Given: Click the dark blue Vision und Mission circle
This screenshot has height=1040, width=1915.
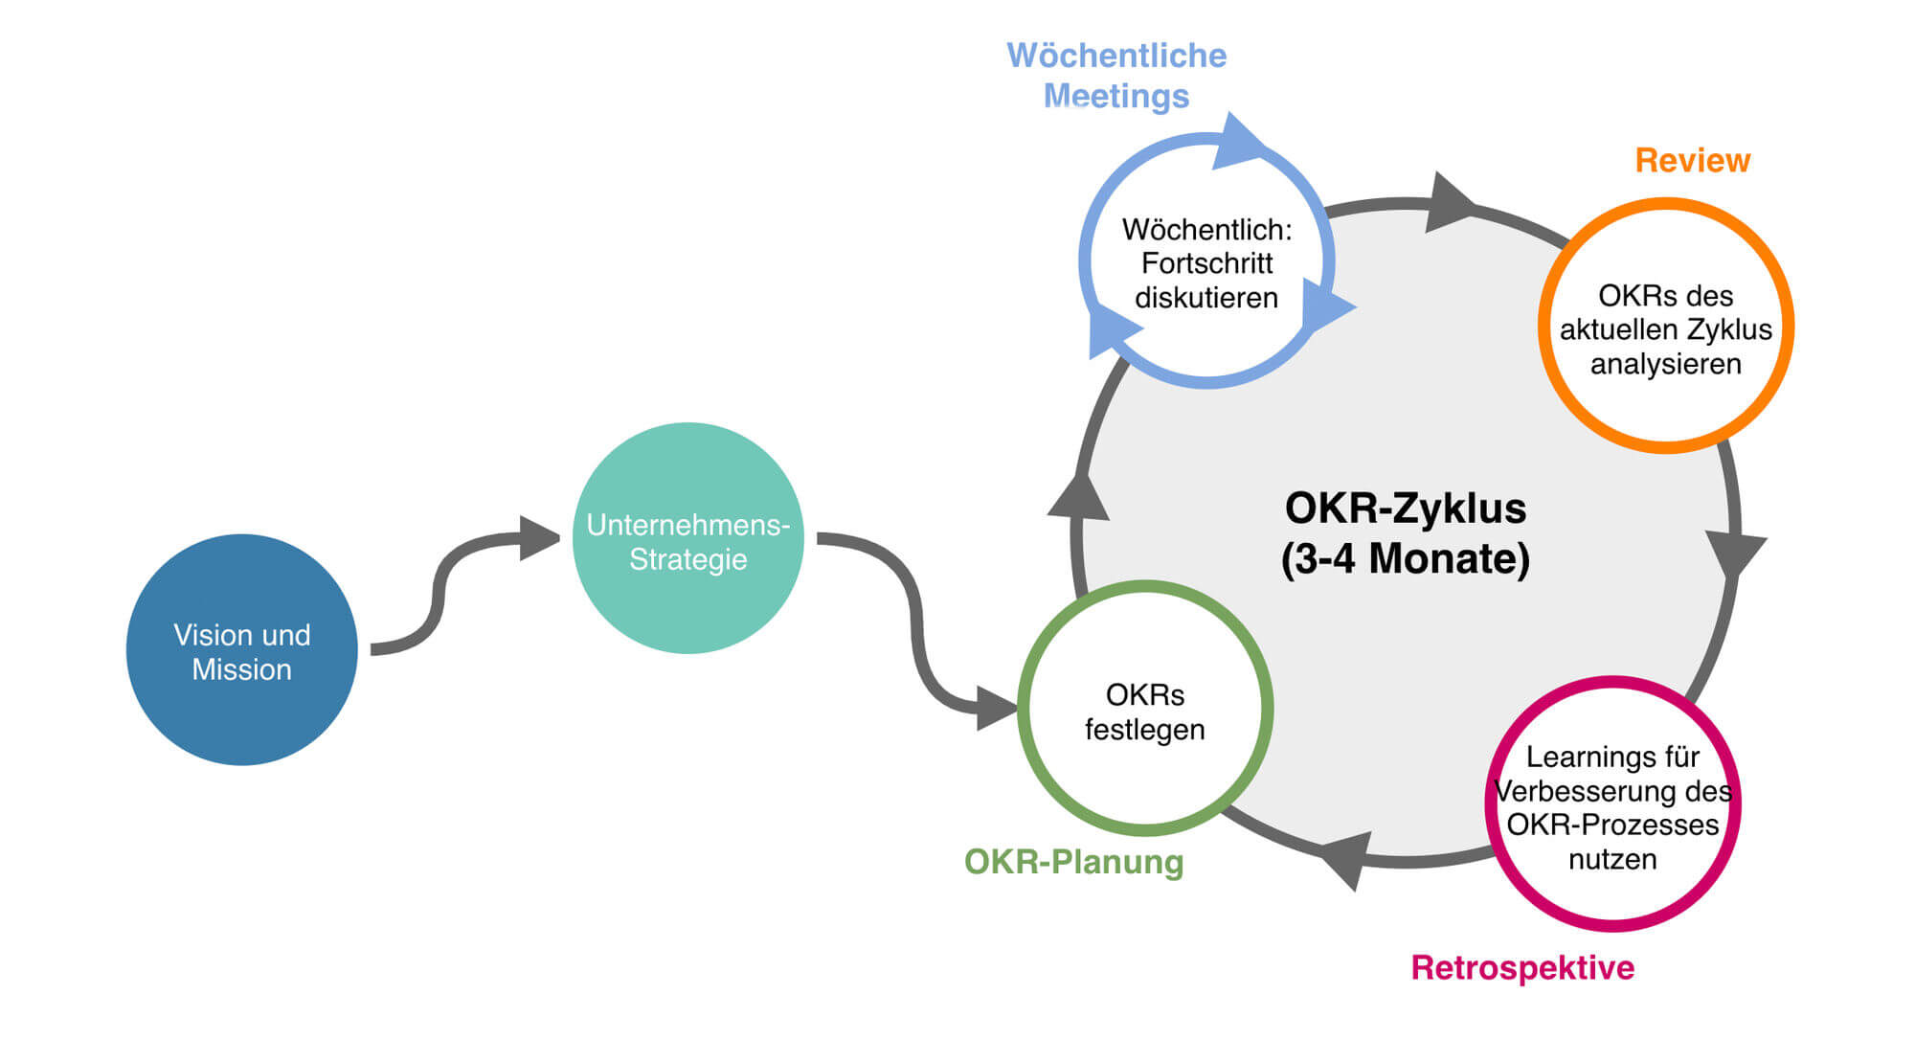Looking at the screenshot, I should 241,650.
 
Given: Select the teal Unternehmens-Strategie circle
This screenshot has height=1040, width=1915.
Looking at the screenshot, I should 687,539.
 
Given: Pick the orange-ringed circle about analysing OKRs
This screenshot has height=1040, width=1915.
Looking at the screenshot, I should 1665,327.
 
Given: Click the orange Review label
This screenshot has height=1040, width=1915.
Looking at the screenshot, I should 1692,161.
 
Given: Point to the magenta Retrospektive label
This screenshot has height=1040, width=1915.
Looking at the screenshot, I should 1522,968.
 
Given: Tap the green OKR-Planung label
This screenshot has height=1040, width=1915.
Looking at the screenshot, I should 1073,862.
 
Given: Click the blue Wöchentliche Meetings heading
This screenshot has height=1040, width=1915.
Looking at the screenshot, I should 1116,76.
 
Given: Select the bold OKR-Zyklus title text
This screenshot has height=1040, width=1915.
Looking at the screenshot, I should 1405,509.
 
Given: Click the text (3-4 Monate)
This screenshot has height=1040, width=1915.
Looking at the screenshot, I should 1405,559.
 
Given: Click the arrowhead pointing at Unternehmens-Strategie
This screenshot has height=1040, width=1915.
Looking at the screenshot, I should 538,537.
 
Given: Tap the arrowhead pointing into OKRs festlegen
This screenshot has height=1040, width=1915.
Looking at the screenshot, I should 996,709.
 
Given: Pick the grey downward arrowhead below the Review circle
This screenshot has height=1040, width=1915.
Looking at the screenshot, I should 1734,553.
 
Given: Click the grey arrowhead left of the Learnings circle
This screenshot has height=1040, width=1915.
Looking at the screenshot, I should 1346,857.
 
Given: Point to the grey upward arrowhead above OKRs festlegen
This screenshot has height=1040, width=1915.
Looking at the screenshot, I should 1080,498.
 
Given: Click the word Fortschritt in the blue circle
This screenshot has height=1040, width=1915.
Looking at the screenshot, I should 1206,263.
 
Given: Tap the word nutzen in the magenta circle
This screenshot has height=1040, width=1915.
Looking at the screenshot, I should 1612,860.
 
